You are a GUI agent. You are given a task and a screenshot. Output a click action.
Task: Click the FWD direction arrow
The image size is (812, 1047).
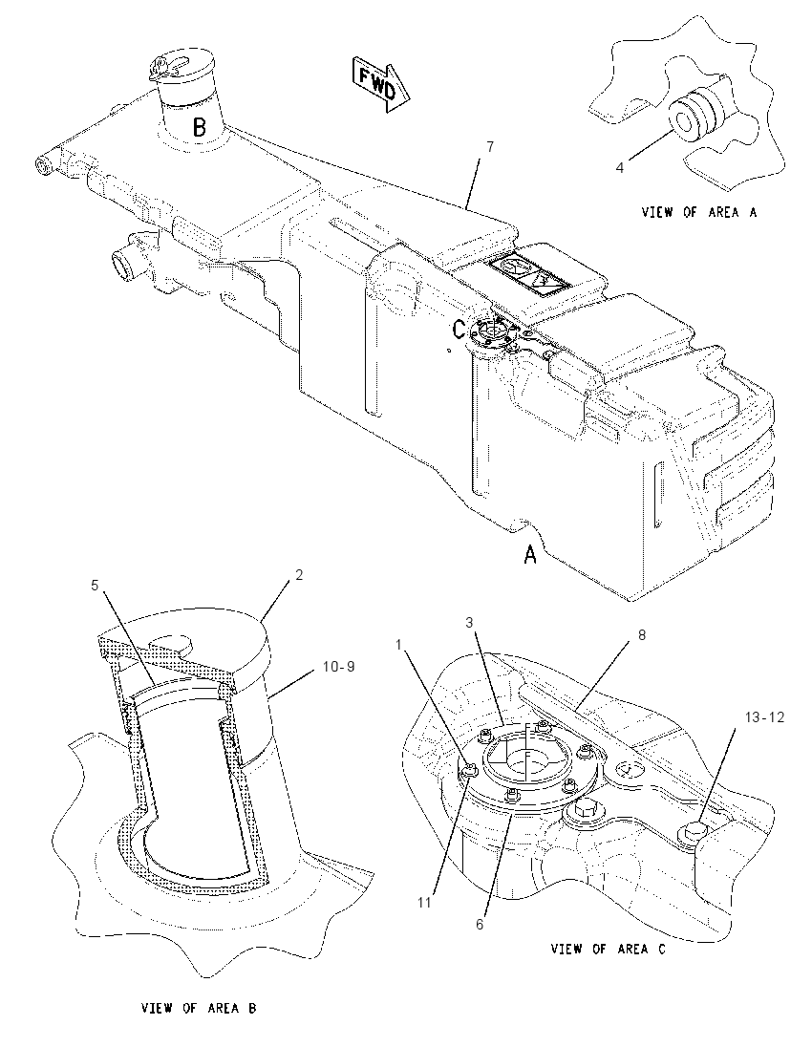[380, 83]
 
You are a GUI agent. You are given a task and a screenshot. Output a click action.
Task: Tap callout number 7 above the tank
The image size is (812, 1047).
[490, 147]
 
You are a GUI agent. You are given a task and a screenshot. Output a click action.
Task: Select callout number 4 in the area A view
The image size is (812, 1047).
[620, 167]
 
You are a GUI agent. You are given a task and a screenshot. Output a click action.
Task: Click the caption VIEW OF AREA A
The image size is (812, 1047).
[699, 212]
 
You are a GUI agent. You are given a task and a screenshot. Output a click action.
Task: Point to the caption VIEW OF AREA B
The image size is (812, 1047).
[199, 1008]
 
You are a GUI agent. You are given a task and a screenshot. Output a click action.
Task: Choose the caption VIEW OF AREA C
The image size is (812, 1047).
[608, 949]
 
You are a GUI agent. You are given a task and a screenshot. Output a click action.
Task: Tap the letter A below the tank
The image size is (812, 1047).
[530, 553]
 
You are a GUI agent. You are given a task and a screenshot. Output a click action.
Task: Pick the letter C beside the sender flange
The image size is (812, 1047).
[459, 329]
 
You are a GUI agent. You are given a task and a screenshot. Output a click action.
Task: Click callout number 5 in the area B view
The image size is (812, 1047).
[95, 586]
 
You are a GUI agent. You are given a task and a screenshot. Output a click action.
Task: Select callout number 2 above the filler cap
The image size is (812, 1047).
[298, 575]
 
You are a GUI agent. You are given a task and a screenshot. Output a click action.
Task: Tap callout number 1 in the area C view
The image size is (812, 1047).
[398, 645]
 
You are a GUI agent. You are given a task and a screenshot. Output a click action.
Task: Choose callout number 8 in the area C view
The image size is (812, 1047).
[642, 635]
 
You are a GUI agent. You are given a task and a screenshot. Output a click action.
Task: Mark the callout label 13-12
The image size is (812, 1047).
[765, 717]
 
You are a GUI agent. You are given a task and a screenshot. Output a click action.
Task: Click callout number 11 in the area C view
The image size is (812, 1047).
[425, 904]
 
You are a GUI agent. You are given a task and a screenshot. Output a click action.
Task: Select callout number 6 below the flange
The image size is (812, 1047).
[480, 925]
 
